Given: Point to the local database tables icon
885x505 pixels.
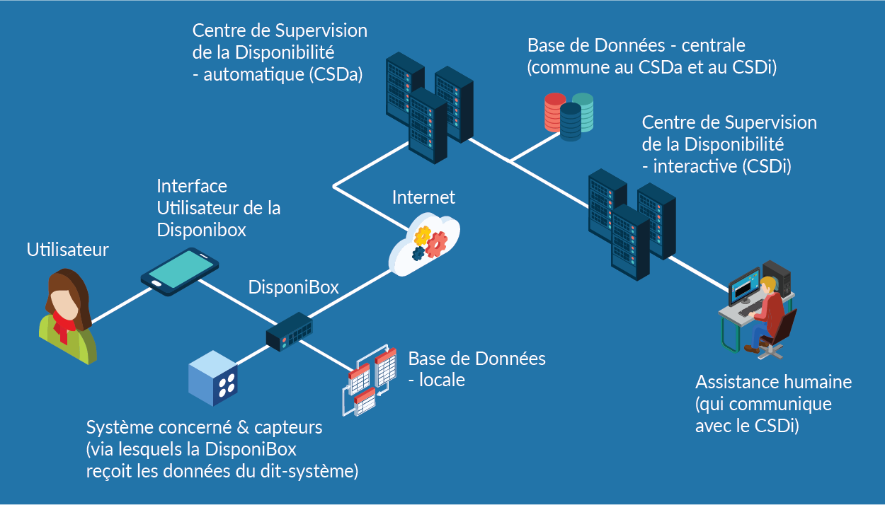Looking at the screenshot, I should click(369, 380).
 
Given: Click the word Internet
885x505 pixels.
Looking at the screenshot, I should click(423, 197).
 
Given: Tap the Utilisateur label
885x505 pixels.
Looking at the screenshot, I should click(68, 250).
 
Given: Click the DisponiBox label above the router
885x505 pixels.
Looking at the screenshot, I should click(293, 287).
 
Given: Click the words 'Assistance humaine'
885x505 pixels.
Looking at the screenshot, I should click(773, 383).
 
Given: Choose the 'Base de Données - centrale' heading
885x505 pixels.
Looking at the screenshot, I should click(636, 46).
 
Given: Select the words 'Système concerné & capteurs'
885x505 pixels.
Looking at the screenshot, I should click(204, 428).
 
